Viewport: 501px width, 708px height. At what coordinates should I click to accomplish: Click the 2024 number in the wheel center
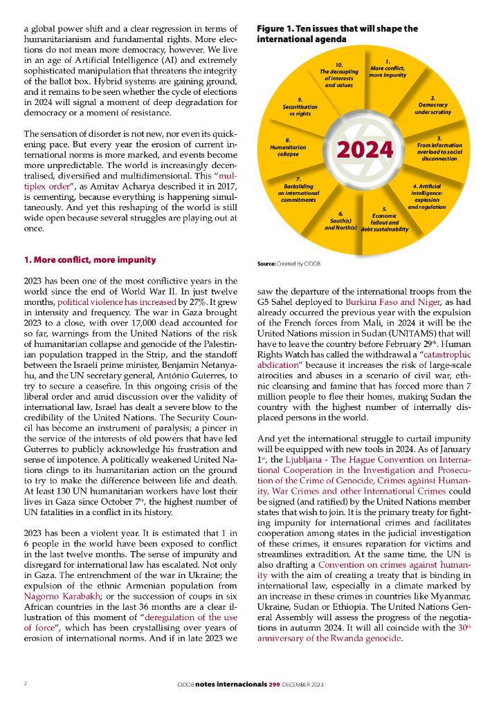tap(365, 149)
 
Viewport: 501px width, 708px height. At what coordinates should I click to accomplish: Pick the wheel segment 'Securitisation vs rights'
tap(300, 107)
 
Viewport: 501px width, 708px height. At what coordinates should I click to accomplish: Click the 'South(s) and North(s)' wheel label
tap(340, 221)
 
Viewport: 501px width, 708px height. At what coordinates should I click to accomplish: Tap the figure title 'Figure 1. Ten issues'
tap(337, 34)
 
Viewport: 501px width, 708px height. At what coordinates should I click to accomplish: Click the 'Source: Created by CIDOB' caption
tap(289, 264)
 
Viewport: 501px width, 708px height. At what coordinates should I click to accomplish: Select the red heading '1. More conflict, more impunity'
tap(89, 260)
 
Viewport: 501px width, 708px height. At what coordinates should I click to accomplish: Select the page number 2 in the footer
tap(25, 683)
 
